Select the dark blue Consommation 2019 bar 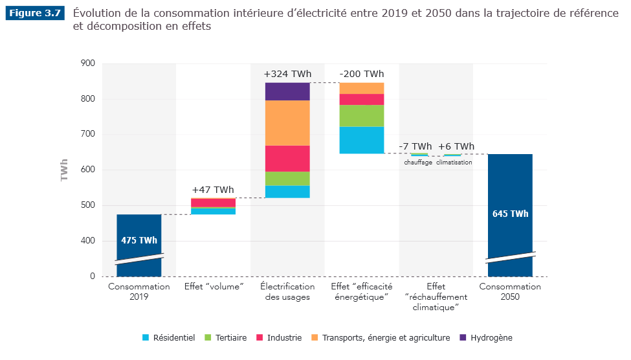139,233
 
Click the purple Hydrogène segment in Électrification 287,91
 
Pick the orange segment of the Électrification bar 287,123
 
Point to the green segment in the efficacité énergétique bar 362,115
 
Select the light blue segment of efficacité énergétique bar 362,140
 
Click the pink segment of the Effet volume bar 213,203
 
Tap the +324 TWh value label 287,74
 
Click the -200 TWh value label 362,74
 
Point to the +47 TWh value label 213,190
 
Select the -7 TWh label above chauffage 415,146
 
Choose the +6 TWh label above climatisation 456,146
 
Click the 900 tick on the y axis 88,63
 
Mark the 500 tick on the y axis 88,205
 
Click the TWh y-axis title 65,170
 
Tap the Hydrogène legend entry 486,338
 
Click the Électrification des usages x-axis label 287,291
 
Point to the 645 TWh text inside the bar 510,214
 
